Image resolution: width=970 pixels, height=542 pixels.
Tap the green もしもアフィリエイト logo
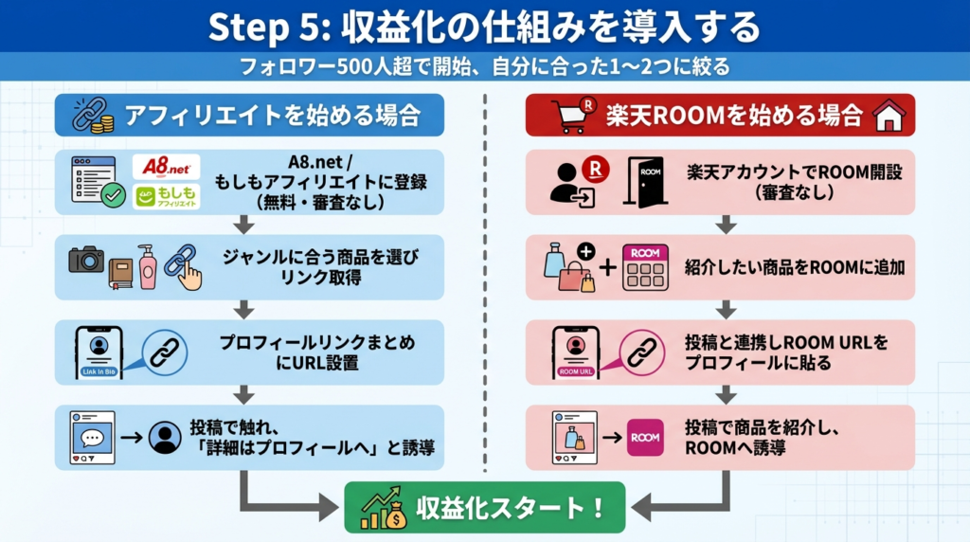(x=166, y=196)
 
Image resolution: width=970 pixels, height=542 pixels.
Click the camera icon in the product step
(x=86, y=259)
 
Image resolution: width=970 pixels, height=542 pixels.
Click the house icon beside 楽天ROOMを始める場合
(x=889, y=117)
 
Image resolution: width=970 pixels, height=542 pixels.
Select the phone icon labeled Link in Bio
(x=99, y=352)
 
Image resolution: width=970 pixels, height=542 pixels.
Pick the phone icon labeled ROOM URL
(x=576, y=352)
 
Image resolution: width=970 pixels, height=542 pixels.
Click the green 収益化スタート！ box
(x=484, y=507)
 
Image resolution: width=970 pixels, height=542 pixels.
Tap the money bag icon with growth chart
(x=382, y=508)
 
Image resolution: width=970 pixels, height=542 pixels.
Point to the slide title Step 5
(x=484, y=27)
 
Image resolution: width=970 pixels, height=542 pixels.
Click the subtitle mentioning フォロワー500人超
(x=484, y=67)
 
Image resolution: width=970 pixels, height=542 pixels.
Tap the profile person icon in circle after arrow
(x=165, y=437)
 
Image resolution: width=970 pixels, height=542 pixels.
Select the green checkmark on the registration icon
(x=114, y=195)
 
